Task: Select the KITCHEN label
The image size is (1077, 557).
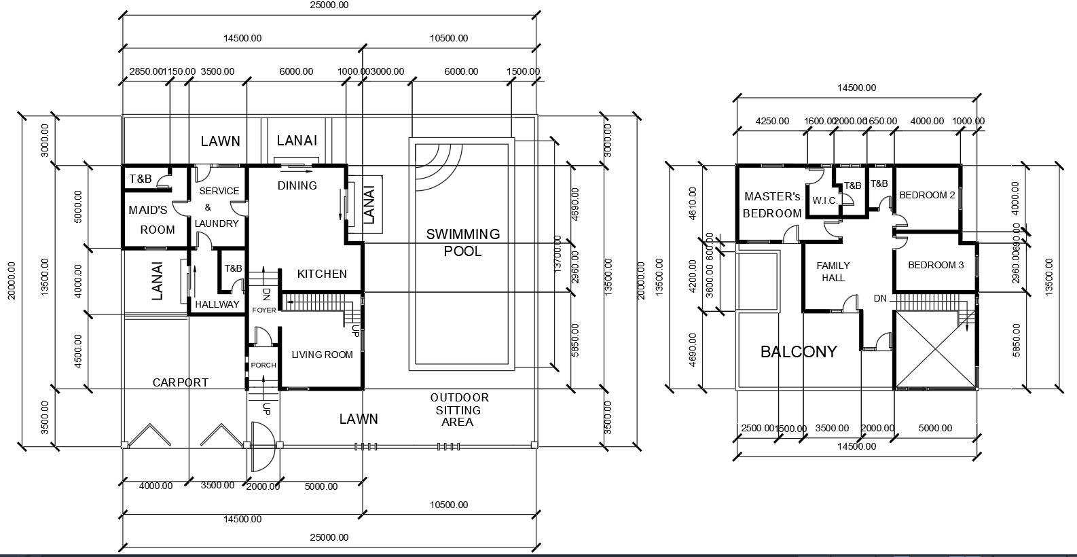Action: pyautogui.click(x=322, y=274)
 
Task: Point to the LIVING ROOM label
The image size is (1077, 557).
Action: pyautogui.click(x=322, y=355)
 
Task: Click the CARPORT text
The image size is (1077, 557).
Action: pyautogui.click(x=180, y=382)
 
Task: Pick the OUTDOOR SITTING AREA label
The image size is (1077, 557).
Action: pyautogui.click(x=458, y=410)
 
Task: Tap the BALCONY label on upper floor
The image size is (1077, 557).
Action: pyautogui.click(x=799, y=352)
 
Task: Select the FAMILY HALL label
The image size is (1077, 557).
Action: pyautogui.click(x=833, y=272)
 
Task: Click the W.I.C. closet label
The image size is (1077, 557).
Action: pyautogui.click(x=824, y=201)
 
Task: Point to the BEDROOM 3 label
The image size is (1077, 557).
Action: pyautogui.click(x=936, y=265)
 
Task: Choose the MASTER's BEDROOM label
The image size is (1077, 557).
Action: pyautogui.click(x=772, y=204)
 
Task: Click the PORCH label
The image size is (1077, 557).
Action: pyautogui.click(x=263, y=365)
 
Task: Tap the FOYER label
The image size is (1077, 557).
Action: pyautogui.click(x=264, y=310)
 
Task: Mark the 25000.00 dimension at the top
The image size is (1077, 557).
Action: pyautogui.click(x=329, y=5)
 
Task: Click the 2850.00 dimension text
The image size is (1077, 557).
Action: pyautogui.click(x=147, y=71)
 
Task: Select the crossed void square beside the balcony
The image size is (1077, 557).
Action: pyautogui.click(x=935, y=350)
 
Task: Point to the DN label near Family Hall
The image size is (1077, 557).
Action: pyautogui.click(x=880, y=298)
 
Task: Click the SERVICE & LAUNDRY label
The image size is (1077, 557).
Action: pyautogui.click(x=218, y=207)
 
